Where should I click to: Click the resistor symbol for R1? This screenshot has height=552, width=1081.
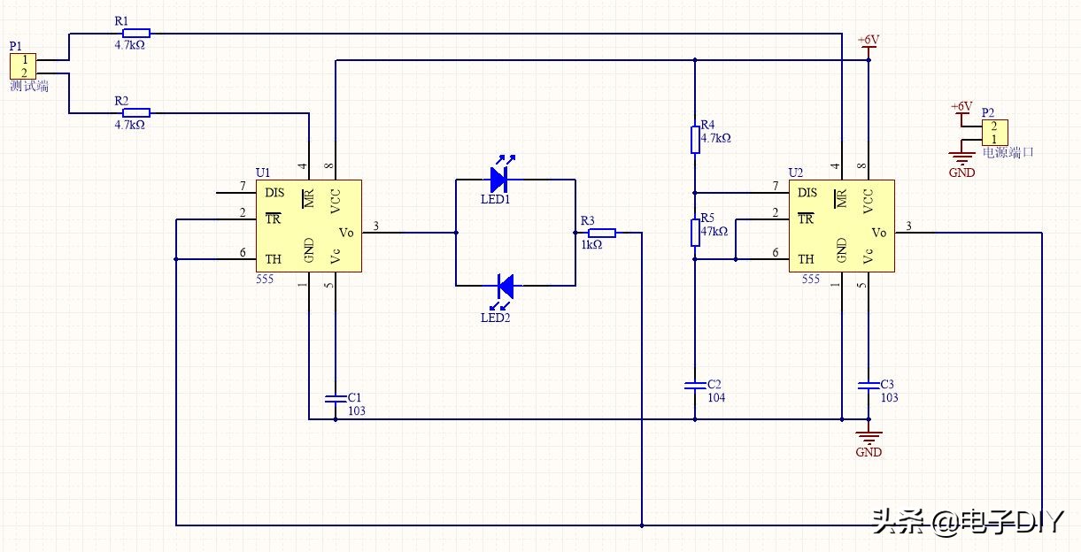pyautogui.click(x=136, y=34)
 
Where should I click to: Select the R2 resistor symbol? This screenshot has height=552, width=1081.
pyautogui.click(x=136, y=113)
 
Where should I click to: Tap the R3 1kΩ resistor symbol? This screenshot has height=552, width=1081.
pyautogui.click(x=602, y=233)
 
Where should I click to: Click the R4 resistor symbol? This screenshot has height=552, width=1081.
pyautogui.click(x=695, y=140)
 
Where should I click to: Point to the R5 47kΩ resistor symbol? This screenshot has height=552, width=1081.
pyautogui.click(x=695, y=232)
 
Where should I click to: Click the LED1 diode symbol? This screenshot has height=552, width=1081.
pyautogui.click(x=498, y=180)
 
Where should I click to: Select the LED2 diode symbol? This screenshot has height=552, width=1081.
pyautogui.click(x=505, y=286)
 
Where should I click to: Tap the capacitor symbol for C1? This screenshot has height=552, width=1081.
pyautogui.click(x=336, y=397)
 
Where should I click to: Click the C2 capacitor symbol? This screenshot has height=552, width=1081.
pyautogui.click(x=695, y=385)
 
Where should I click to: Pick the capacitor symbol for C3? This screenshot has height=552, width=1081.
pyautogui.click(x=869, y=385)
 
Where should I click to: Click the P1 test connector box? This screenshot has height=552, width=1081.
pyautogui.click(x=23, y=66)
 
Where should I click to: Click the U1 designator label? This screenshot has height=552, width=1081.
pyautogui.click(x=263, y=172)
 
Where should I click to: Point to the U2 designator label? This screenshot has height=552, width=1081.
pyautogui.click(x=796, y=172)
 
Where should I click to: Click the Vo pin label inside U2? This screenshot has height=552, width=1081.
pyautogui.click(x=878, y=233)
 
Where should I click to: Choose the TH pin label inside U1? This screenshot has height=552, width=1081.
pyautogui.click(x=273, y=260)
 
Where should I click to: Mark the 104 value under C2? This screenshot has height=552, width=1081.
pyautogui.click(x=715, y=398)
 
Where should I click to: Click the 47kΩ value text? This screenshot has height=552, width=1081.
pyautogui.click(x=714, y=231)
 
